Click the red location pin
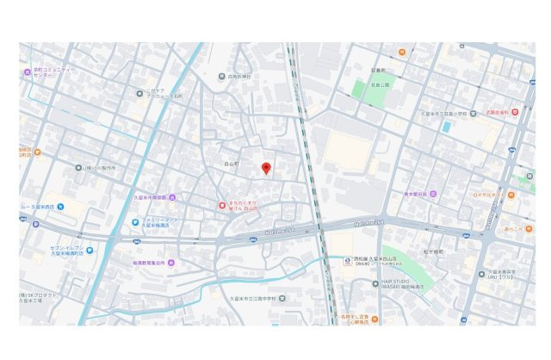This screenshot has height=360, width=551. (266, 168)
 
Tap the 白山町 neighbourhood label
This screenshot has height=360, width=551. (230, 162)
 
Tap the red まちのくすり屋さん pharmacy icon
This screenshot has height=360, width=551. (221, 205)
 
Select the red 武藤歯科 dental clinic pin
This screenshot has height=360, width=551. (515, 113)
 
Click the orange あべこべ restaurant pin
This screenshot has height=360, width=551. (509, 230)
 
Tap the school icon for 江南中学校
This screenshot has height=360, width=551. (282, 298)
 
